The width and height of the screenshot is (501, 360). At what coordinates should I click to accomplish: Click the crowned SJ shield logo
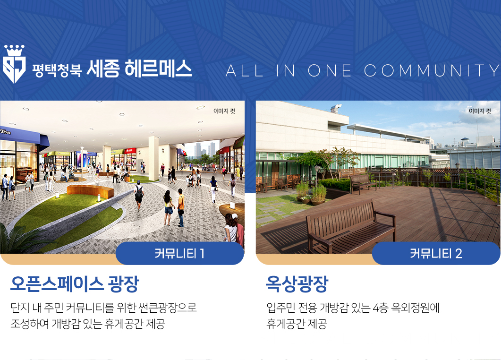tap(14, 64)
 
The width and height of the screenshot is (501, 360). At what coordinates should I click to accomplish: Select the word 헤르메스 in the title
tap(158, 68)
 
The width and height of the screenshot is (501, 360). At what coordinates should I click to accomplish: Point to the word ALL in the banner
tap(245, 71)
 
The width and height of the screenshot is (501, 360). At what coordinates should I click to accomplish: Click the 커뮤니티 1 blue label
tap(180, 254)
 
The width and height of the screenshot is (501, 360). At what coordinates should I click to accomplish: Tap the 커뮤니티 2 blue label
tap(436, 254)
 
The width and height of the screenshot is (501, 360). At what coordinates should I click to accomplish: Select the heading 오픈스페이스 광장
tap(75, 283)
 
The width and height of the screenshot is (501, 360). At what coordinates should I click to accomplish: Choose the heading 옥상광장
tap(297, 283)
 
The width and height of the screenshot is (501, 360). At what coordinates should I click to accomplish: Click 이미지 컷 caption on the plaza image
tap(224, 111)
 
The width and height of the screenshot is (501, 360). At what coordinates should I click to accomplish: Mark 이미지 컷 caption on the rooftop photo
tap(480, 111)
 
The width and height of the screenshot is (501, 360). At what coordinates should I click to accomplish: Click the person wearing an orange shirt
tap(181, 207)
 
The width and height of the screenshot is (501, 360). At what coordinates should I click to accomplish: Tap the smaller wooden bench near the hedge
tap(364, 183)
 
